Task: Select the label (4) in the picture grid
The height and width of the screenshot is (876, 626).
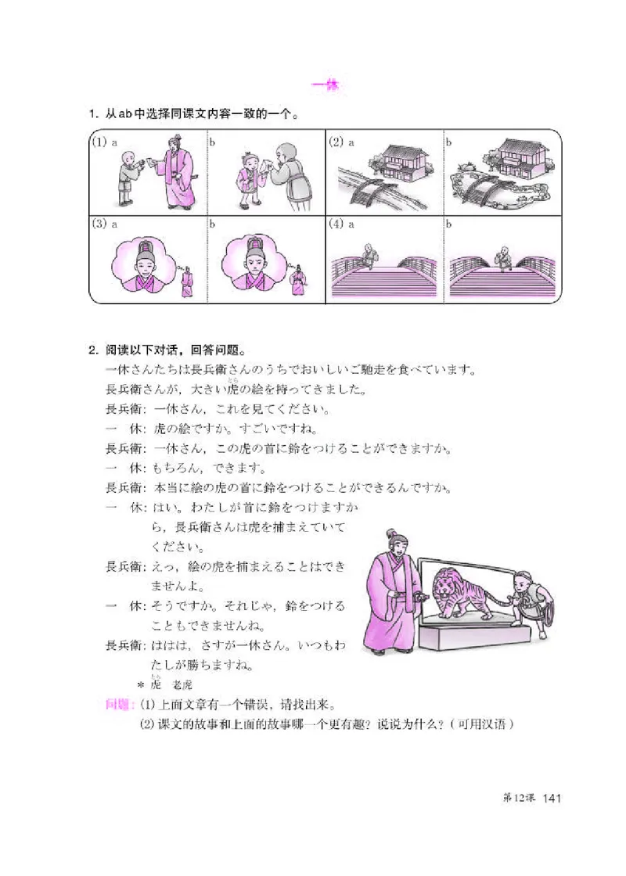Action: click(x=336, y=224)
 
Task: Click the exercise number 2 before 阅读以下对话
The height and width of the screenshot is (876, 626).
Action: click(x=93, y=349)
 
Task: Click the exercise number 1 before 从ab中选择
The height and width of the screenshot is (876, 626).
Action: click(x=93, y=115)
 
